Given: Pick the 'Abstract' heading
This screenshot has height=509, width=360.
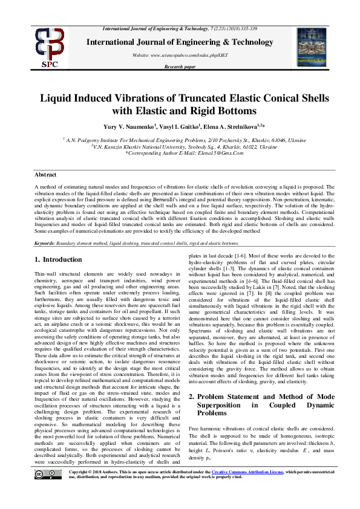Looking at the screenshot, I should (x=45, y=174).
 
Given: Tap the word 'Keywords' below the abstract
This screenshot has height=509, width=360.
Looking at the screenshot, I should (x=45, y=243).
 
